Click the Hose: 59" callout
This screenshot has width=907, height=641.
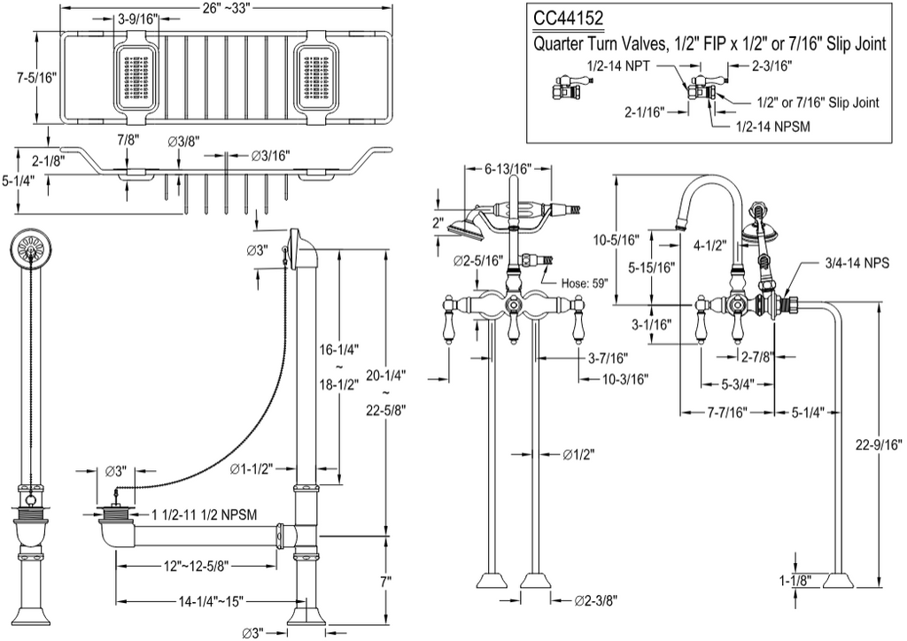pos(585,283)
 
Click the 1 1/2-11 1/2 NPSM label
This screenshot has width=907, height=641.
pos(205,514)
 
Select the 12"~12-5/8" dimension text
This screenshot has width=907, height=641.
pos(196,566)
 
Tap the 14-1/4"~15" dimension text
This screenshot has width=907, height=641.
pos(211,601)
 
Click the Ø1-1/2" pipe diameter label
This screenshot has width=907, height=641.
pos(252,468)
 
